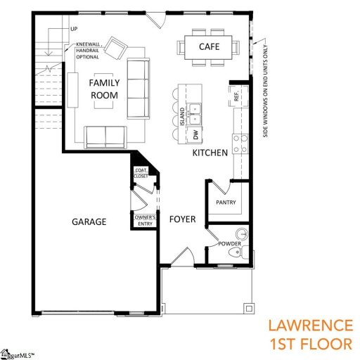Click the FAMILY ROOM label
104,89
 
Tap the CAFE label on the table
209,46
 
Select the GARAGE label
89,221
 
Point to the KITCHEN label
210,153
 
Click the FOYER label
182,219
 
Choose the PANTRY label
226,204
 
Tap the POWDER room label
229,244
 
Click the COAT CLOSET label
141,173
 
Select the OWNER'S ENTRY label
144,221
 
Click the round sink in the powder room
242,233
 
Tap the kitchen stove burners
240,143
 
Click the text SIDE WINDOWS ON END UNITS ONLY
267,91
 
